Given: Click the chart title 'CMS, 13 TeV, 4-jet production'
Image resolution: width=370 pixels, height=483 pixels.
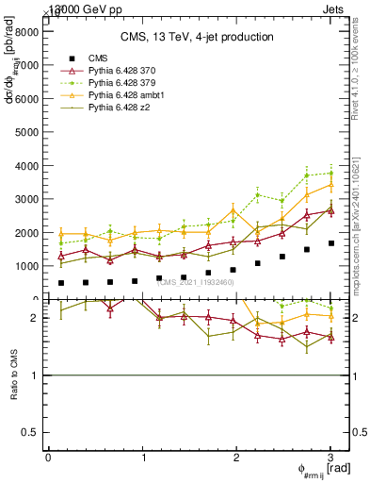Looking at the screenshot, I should point(197,37).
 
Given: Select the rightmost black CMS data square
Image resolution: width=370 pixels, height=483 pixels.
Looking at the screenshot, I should point(330,243).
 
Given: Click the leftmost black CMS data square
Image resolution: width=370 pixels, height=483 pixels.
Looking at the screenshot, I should point(61,283).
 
